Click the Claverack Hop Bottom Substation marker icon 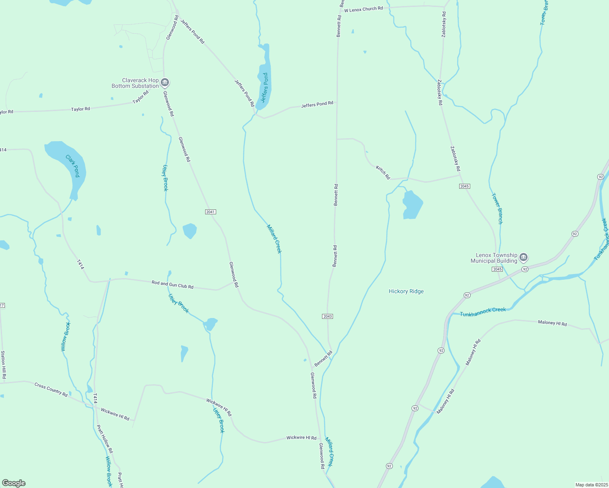click(165, 83)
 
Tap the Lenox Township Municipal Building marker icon click(524, 257)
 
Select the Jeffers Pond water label click(265, 87)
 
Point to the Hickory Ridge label click(406, 291)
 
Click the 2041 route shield click(210, 212)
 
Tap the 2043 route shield click(327, 316)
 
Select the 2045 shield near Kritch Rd click(464, 186)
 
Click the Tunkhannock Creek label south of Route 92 click(483, 312)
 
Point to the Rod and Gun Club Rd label click(172, 285)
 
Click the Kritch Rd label click(383, 172)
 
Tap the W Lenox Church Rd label click(363, 9)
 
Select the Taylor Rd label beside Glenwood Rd click(140, 97)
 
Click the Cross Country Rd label click(51, 389)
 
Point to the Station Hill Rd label click(3, 365)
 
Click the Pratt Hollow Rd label click(104, 439)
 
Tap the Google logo click(14, 483)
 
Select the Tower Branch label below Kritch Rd click(497, 208)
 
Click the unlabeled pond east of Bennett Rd click(412, 205)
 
